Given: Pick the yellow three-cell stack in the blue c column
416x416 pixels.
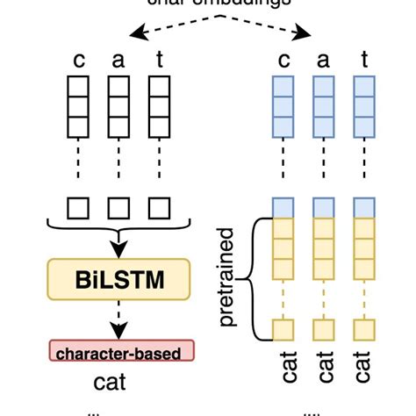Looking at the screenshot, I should [283, 248].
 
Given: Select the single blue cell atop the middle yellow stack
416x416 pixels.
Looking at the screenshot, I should [324, 208].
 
